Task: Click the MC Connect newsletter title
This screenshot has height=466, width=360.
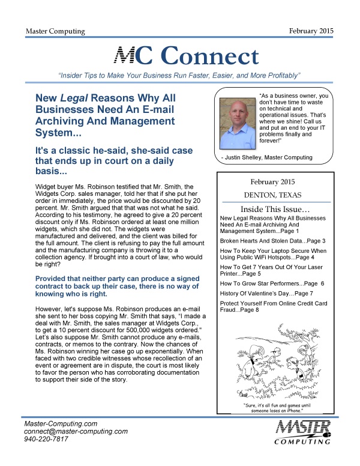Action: click(x=186, y=56)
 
